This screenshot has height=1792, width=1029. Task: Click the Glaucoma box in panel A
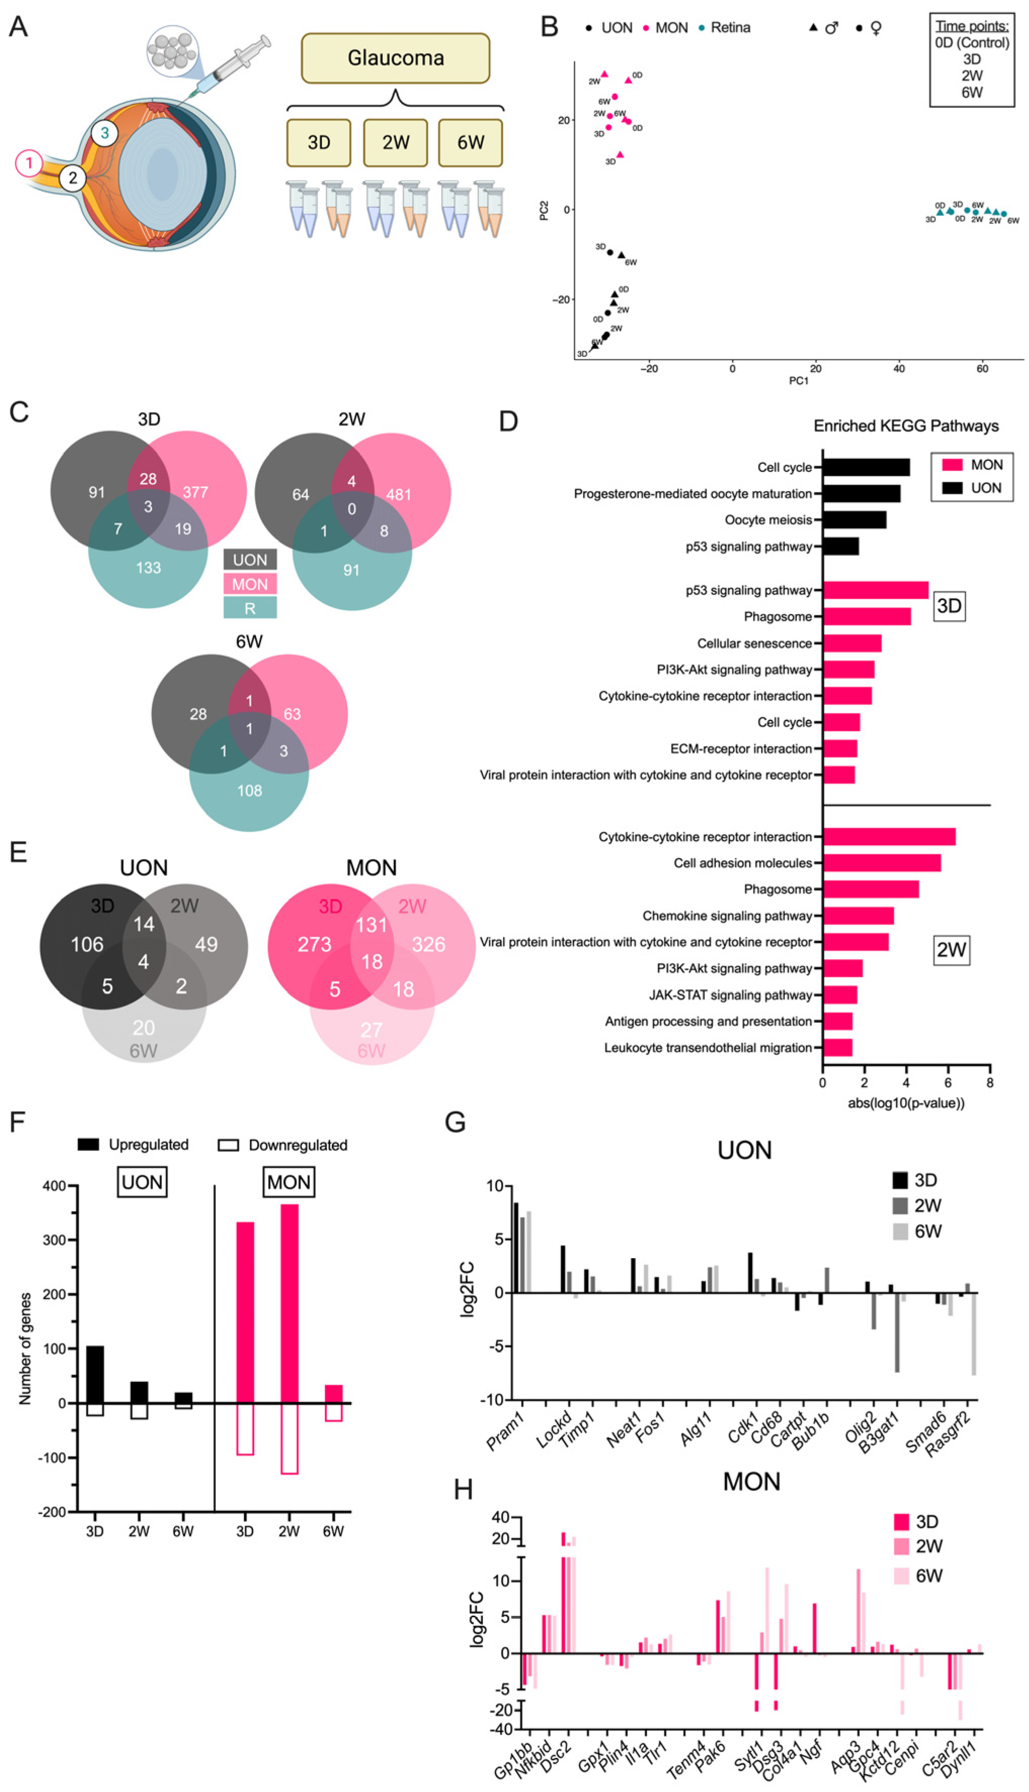point(395,58)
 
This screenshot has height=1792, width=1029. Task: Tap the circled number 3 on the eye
point(105,132)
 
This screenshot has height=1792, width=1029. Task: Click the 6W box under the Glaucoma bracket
point(470,143)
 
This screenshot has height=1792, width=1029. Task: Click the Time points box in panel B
point(972,59)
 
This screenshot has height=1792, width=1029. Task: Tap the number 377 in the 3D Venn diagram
point(195,492)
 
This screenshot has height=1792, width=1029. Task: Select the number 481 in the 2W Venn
point(399,495)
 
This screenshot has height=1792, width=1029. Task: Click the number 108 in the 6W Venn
point(250,790)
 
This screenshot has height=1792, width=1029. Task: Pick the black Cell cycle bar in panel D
point(866,467)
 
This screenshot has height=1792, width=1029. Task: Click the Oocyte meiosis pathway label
point(768,520)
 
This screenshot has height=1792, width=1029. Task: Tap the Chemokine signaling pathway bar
point(858,916)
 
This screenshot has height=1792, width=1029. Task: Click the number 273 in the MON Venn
point(314,944)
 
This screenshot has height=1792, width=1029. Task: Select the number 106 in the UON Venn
point(87,944)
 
